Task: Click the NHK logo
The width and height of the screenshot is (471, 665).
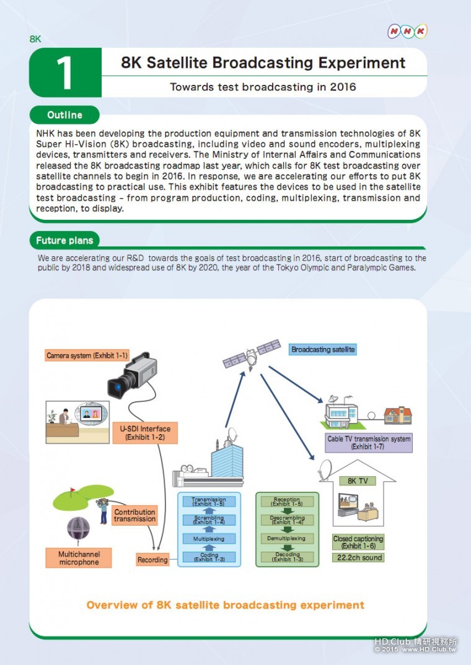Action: tap(407, 31)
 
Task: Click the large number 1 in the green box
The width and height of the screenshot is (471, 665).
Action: tap(65, 72)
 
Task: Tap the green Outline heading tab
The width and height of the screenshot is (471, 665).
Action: tap(64, 115)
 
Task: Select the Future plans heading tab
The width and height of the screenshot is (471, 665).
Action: tap(64, 240)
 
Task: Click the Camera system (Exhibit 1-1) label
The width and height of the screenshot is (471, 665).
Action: tap(87, 355)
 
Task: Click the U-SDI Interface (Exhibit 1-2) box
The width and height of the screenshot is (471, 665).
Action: tap(146, 433)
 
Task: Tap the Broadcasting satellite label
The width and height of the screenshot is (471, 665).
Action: tap(323, 350)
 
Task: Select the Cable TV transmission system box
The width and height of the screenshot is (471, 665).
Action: tap(368, 442)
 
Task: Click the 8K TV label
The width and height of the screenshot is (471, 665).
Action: tap(357, 480)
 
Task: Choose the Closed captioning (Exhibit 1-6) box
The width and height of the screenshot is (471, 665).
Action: tap(358, 542)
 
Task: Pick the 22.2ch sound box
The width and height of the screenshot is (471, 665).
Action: tap(358, 558)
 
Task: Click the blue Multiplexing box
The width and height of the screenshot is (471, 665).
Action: tap(208, 539)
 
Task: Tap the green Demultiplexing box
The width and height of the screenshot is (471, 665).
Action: tap(287, 539)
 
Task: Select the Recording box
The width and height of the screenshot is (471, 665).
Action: tap(152, 560)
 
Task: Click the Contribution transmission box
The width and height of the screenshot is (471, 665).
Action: tap(134, 516)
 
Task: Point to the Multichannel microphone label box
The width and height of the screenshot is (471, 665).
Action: tap(79, 558)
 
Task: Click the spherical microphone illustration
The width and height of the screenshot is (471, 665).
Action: tap(79, 529)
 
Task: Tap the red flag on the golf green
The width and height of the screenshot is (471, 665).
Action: tap(72, 490)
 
